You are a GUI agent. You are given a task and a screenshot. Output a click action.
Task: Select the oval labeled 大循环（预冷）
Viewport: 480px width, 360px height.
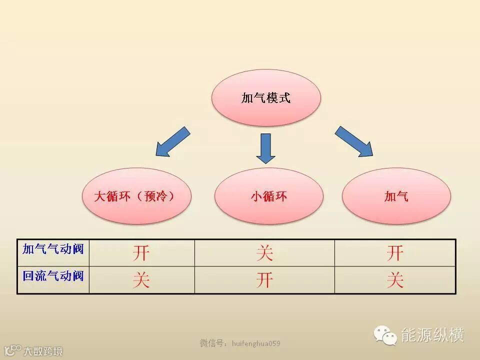pyautogui.click(x=136, y=195)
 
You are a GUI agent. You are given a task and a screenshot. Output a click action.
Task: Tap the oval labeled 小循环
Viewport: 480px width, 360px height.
pyautogui.click(x=268, y=195)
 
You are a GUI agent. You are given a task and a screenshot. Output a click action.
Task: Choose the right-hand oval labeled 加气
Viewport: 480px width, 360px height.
pyautogui.click(x=396, y=195)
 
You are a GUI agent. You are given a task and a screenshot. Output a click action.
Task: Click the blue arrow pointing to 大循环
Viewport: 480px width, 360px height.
pyautogui.click(x=172, y=141)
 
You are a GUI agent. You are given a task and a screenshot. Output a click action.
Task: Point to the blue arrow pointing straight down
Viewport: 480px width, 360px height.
pyautogui.click(x=265, y=147)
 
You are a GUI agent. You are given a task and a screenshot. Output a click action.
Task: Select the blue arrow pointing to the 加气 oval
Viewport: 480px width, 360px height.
pyautogui.click(x=354, y=141)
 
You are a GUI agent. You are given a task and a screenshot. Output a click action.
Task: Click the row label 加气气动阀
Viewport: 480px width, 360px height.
pyautogui.click(x=53, y=248)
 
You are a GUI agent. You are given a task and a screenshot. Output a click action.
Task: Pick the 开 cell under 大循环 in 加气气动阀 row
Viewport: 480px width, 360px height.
pyautogui.click(x=141, y=253)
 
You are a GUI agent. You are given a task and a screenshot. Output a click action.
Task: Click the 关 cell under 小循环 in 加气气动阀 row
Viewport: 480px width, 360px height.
pyautogui.click(x=264, y=253)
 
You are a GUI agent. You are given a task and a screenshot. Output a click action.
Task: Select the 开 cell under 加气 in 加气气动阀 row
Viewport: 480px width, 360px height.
pyautogui.click(x=394, y=253)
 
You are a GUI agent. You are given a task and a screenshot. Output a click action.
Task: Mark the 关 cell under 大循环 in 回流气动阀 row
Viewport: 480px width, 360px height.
pyautogui.click(x=141, y=280)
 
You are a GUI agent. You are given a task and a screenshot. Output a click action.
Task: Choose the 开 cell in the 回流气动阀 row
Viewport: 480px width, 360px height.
pyautogui.click(x=264, y=280)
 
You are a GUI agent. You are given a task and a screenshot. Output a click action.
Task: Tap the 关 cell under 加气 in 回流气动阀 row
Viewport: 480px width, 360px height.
pyautogui.click(x=394, y=280)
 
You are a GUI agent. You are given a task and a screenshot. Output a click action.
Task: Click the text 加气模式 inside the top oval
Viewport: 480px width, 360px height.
pyautogui.click(x=265, y=98)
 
